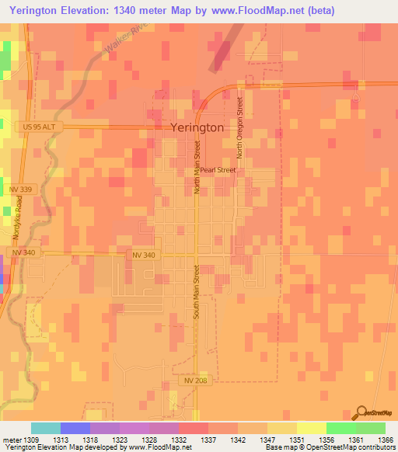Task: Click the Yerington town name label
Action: (x=197, y=128)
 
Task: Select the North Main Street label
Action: (x=197, y=166)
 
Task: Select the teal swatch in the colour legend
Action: (x=46, y=428)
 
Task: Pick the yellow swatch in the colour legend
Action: (x=312, y=428)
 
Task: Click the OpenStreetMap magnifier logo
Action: (x=361, y=412)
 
